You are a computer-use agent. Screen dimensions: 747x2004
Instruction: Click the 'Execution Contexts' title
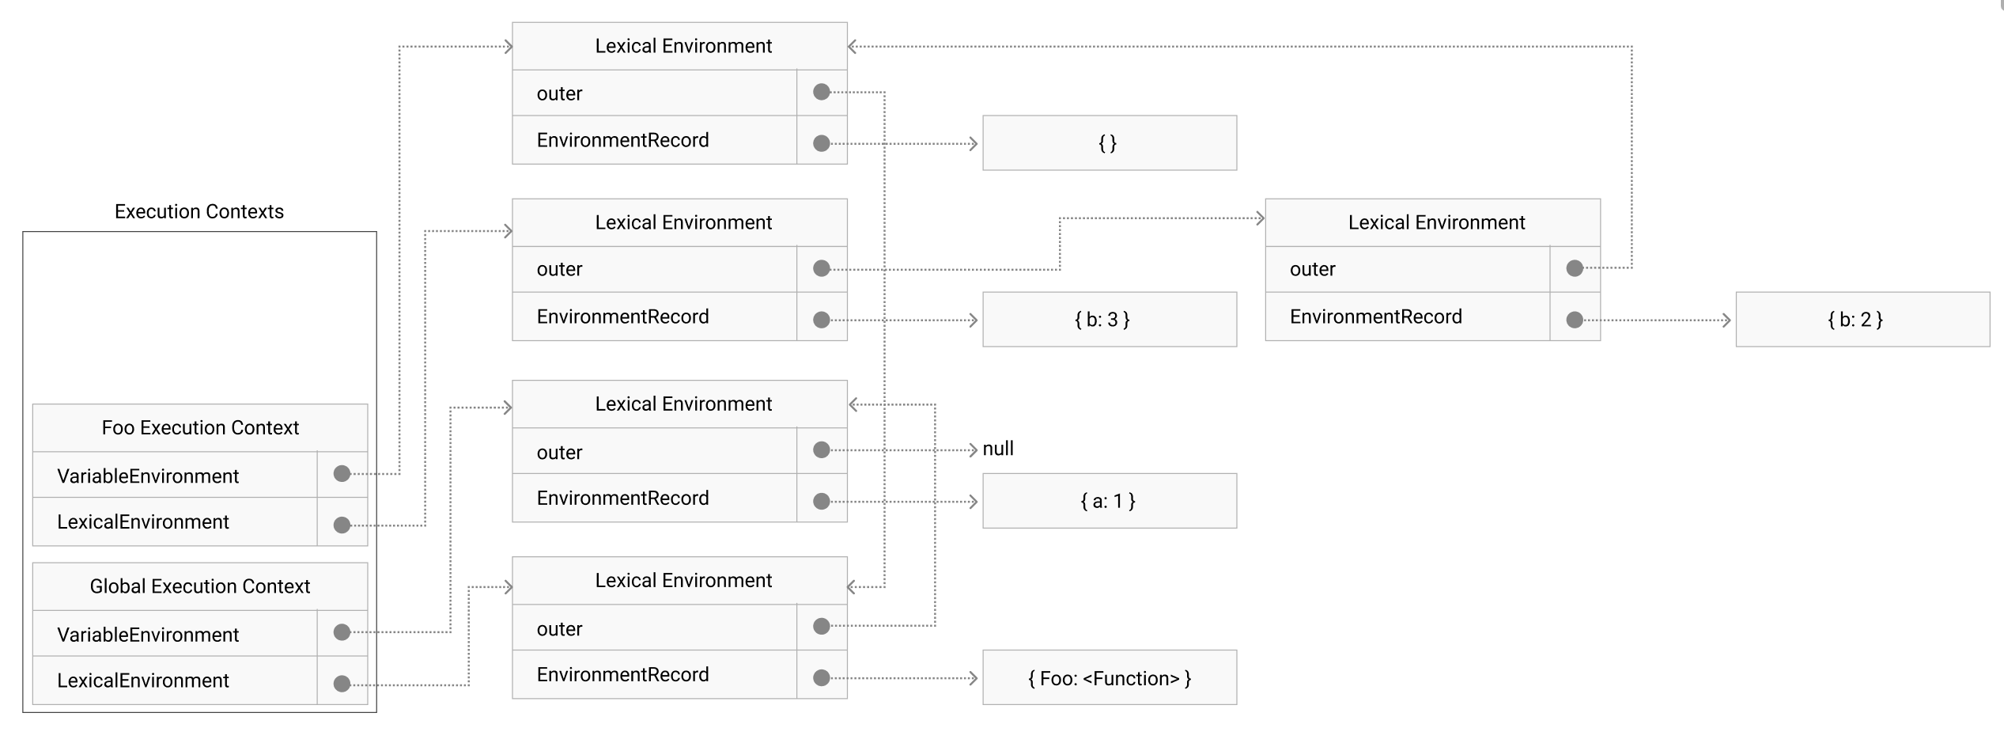(x=199, y=211)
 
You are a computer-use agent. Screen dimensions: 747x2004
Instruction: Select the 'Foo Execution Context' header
(x=200, y=428)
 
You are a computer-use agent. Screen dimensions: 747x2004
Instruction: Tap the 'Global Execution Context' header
(x=200, y=586)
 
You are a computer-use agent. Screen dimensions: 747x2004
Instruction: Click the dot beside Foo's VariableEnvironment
(x=342, y=474)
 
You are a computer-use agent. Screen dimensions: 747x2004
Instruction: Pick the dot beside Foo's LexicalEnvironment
(x=342, y=525)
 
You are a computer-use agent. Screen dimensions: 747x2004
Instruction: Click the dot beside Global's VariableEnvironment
(x=342, y=632)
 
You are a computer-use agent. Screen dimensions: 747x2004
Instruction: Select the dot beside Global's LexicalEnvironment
(x=342, y=684)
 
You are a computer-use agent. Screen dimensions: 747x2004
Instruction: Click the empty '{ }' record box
(x=1109, y=143)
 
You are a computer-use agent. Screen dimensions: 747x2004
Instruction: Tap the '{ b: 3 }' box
(x=1109, y=320)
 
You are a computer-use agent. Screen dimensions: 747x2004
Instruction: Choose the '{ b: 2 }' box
(x=1862, y=320)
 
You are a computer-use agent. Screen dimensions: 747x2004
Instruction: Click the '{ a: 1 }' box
(x=1109, y=501)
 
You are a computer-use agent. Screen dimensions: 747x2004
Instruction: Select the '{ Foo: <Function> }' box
(x=1109, y=678)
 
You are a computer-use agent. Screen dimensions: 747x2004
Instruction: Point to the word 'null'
(x=998, y=449)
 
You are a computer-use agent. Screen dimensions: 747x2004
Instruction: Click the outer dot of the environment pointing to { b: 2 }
(x=1575, y=268)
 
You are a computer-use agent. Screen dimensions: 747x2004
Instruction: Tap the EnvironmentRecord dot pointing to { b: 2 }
(x=1575, y=320)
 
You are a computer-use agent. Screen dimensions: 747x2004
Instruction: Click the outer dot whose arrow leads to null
(x=822, y=450)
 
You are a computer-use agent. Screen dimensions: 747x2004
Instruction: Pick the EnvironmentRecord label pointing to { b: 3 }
(x=622, y=317)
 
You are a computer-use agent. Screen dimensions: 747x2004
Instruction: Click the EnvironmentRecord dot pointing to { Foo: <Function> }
(x=822, y=678)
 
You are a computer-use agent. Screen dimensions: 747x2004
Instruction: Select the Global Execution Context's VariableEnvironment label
(x=148, y=635)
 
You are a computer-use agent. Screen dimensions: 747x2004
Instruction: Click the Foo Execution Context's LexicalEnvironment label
(x=143, y=522)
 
